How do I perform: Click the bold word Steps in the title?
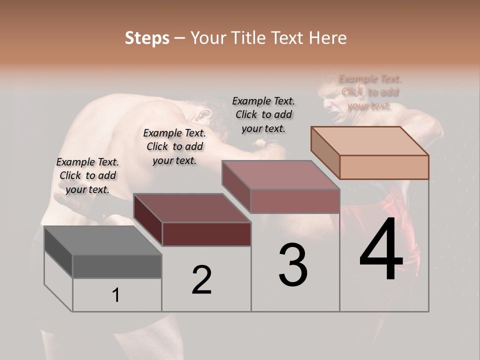(x=147, y=38)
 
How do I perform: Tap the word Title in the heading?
(x=247, y=38)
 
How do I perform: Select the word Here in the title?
(x=328, y=38)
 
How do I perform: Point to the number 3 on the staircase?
(x=293, y=265)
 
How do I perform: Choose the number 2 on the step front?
(x=201, y=280)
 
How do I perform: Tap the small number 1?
(x=116, y=295)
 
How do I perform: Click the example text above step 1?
(x=87, y=175)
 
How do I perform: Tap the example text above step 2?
(x=174, y=146)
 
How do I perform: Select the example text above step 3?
(x=263, y=114)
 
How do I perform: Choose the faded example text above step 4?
(x=370, y=92)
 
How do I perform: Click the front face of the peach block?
(x=384, y=167)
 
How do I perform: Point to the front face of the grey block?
(x=117, y=266)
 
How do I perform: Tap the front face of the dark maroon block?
(x=206, y=234)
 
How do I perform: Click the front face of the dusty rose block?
(x=295, y=201)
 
